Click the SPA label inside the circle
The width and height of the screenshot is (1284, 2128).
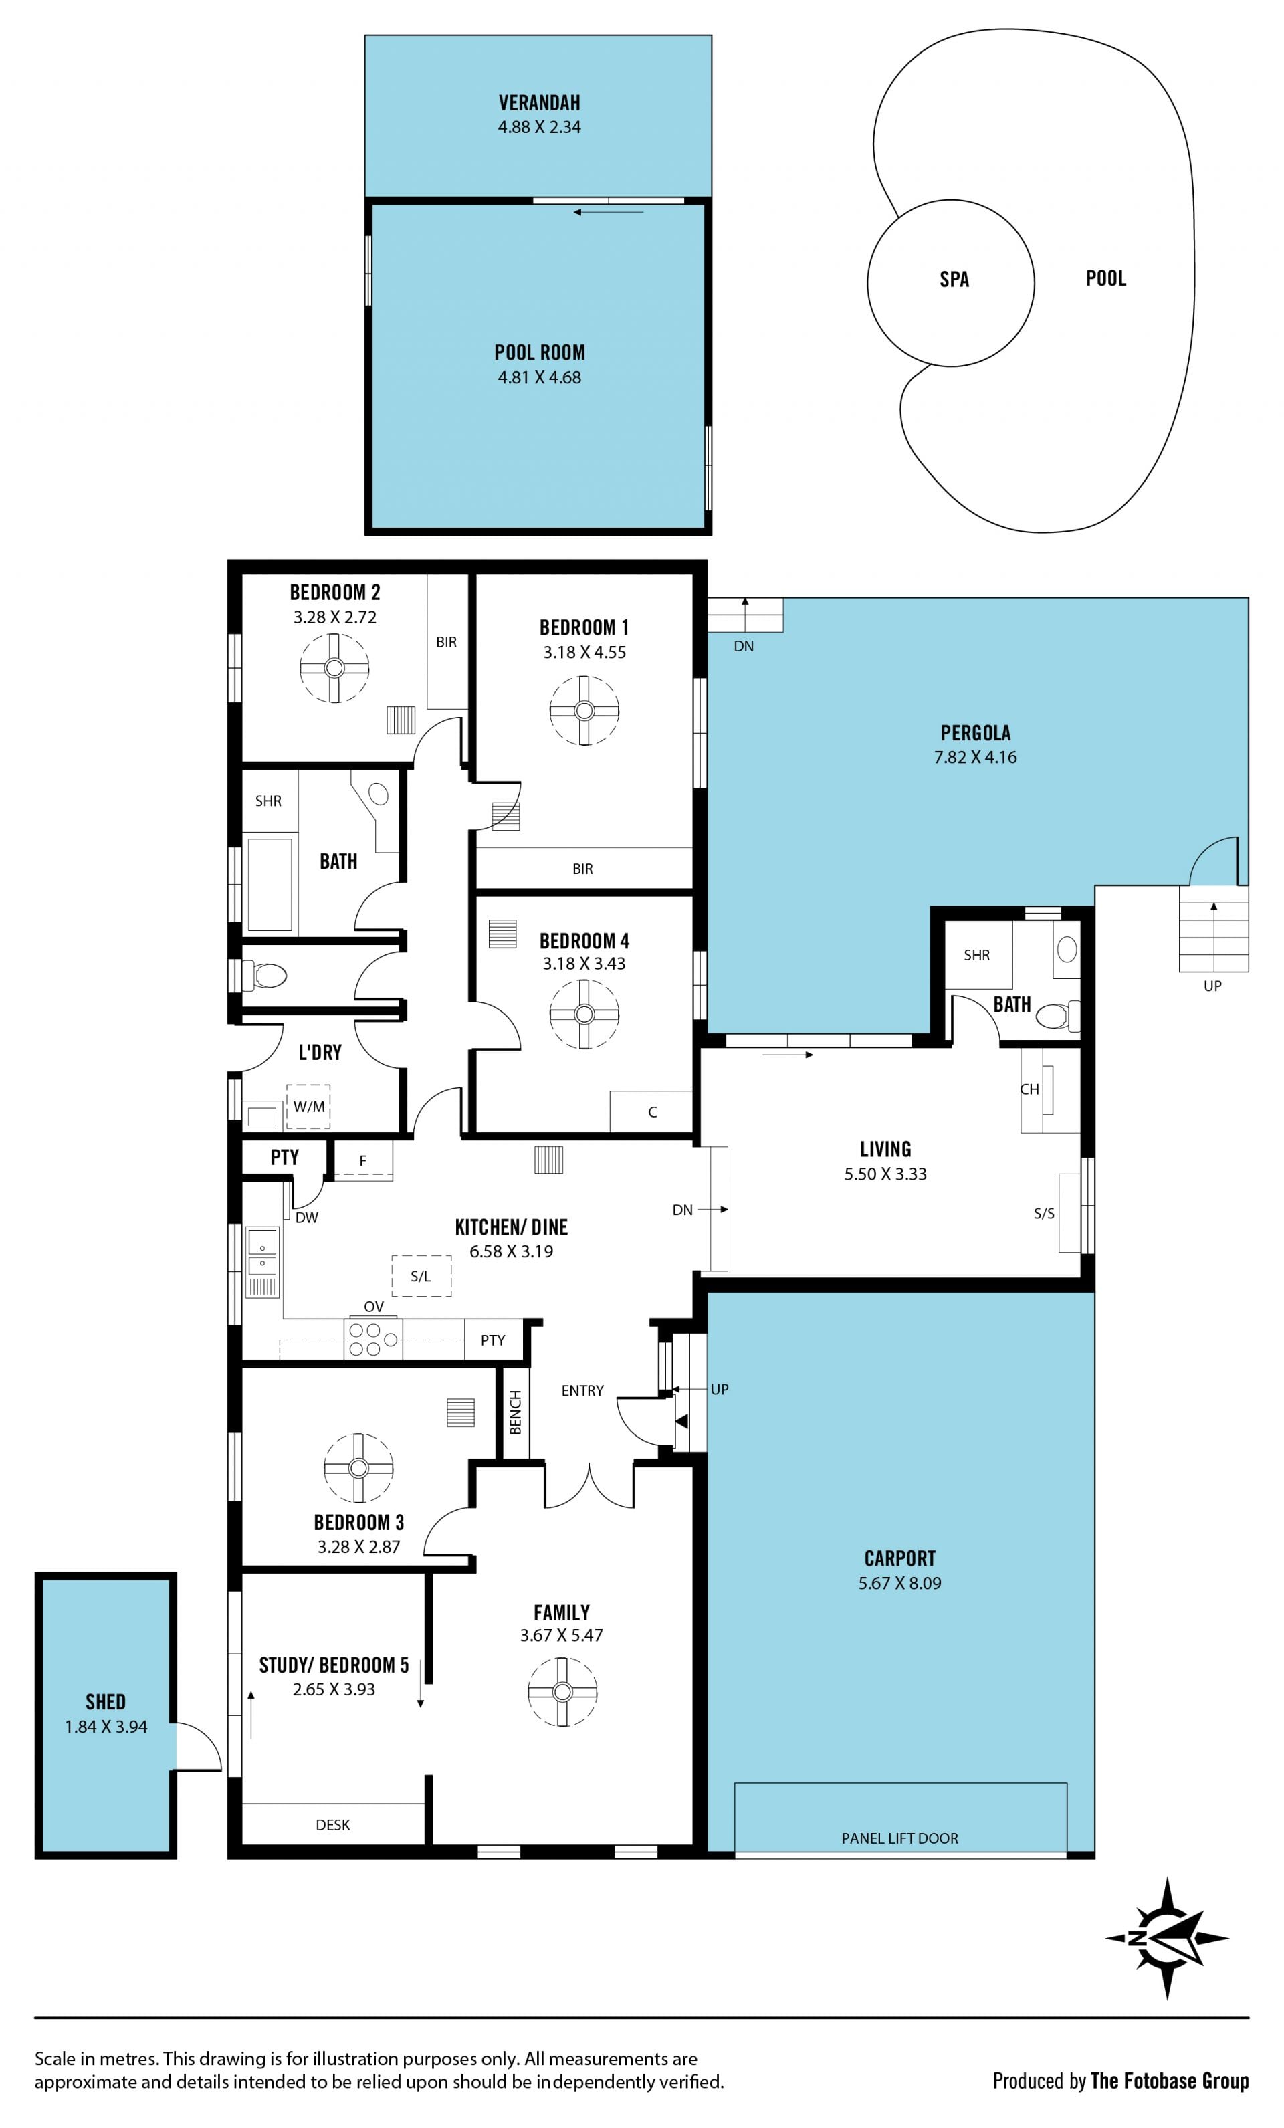[x=954, y=279]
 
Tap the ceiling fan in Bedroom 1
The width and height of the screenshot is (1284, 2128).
[x=584, y=710]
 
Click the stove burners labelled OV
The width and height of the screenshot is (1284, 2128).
[x=373, y=1340]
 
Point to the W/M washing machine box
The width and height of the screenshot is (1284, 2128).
[x=308, y=1106]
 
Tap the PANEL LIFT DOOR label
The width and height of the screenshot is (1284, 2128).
[x=899, y=1838]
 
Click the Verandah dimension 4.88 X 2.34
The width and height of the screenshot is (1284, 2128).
[x=539, y=127]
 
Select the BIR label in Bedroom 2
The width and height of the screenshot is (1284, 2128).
[x=447, y=642]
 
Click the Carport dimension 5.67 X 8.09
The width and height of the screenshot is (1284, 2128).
[x=899, y=1583]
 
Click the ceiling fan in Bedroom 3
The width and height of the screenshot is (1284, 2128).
[x=358, y=1467]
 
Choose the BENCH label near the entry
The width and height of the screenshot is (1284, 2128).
[x=516, y=1412]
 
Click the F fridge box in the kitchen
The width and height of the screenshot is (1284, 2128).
[x=362, y=1161]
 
